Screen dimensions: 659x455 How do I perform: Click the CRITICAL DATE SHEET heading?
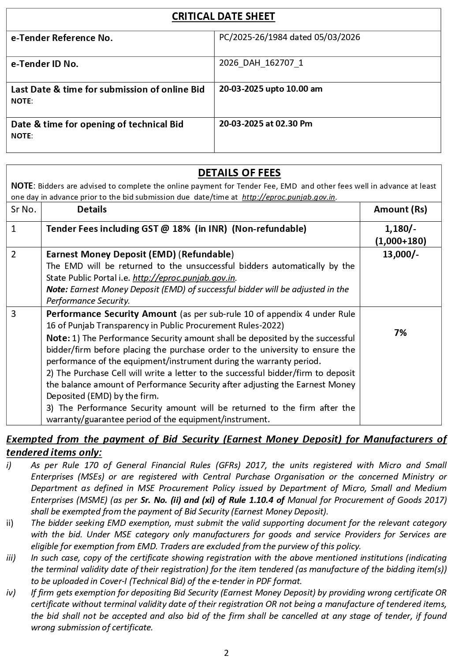pyautogui.click(x=223, y=17)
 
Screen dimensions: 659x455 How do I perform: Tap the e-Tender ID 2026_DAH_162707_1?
pyautogui.click(x=261, y=63)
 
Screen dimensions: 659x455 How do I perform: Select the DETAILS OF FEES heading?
pyautogui.click(x=239, y=173)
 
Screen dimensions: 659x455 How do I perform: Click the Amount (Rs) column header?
pyautogui.click(x=400, y=209)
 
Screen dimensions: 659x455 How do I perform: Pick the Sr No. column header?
pyautogui.click(x=23, y=209)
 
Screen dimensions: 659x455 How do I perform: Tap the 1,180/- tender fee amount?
pyautogui.click(x=400, y=229)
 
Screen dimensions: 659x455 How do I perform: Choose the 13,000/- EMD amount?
pyautogui.click(x=400, y=254)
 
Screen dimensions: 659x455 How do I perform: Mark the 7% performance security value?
pyautogui.click(x=400, y=333)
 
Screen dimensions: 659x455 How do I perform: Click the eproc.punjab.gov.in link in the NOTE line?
pyautogui.click(x=289, y=197)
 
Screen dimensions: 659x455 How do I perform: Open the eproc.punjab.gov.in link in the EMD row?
pyautogui.click(x=184, y=278)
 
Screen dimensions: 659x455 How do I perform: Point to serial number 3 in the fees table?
pyautogui.click(x=14, y=314)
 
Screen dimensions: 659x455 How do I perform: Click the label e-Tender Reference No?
pyautogui.click(x=62, y=38)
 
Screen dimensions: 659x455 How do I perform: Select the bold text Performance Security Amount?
pyautogui.click(x=111, y=314)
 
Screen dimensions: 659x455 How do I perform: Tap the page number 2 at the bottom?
pyautogui.click(x=226, y=653)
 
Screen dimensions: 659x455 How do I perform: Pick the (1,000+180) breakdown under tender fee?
pyautogui.click(x=400, y=241)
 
